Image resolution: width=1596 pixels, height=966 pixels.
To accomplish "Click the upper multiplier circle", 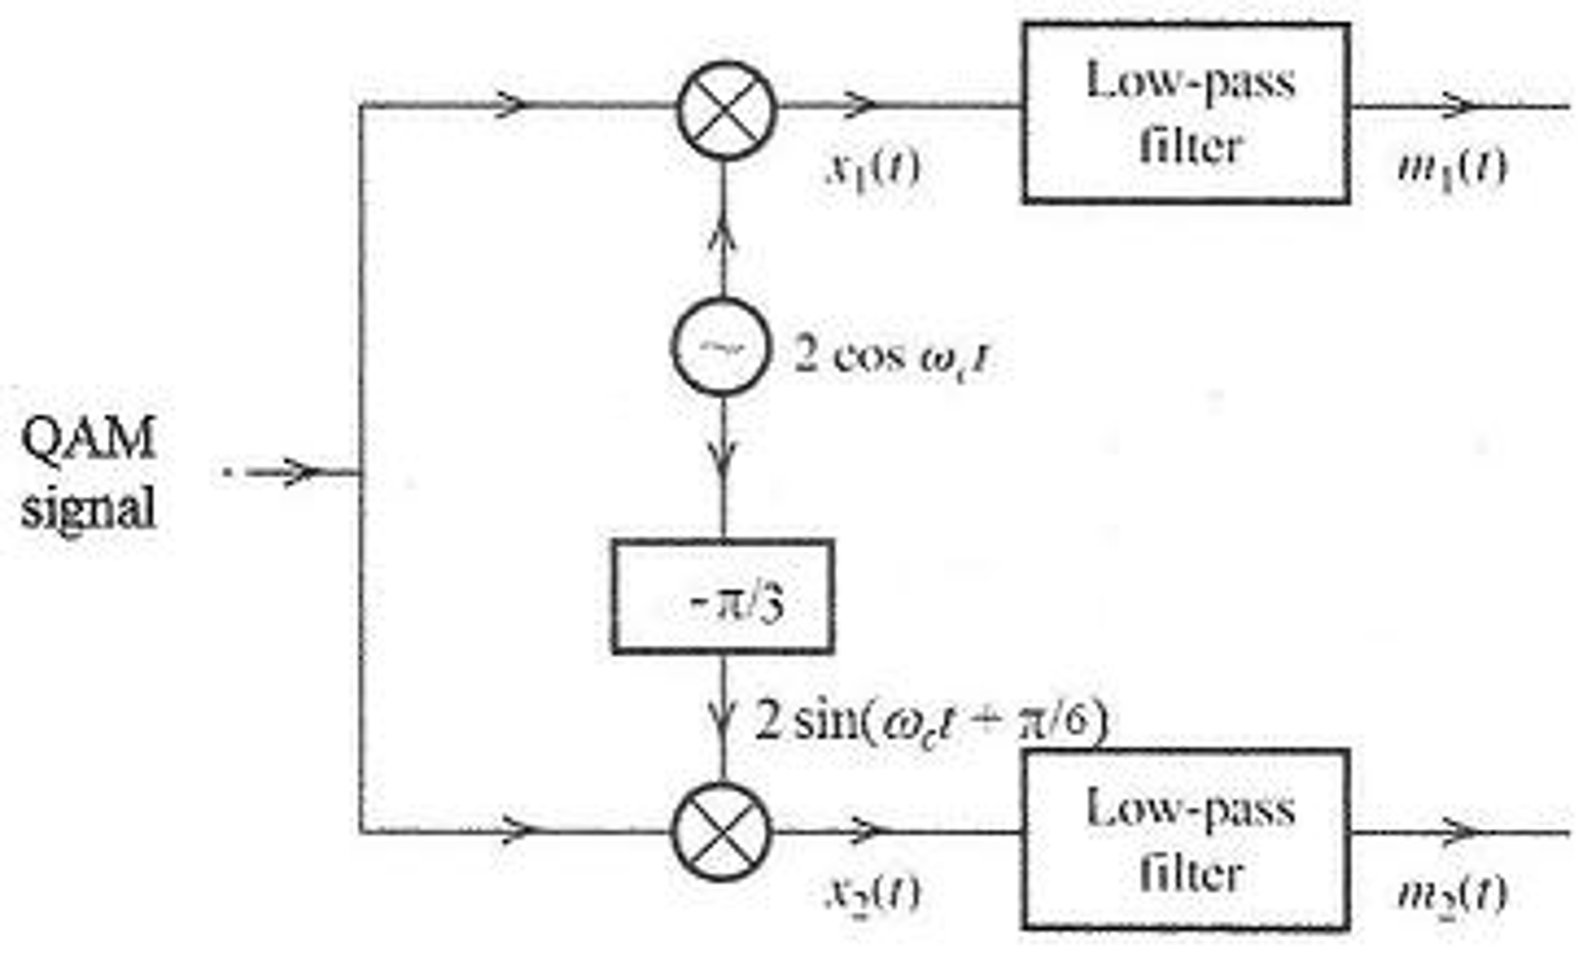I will click(726, 110).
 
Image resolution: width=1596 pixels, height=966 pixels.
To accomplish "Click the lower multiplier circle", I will click(722, 831).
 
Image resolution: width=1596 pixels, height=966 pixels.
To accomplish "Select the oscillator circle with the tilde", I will click(721, 348).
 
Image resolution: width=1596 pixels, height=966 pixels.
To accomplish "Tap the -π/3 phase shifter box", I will click(723, 596).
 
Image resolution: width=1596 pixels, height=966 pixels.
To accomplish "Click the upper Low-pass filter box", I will click(1186, 114).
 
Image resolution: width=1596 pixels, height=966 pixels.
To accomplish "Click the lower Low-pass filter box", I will click(1186, 839).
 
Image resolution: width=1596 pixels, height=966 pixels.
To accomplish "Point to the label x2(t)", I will click(873, 892).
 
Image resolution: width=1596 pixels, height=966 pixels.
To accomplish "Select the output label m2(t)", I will click(1452, 893).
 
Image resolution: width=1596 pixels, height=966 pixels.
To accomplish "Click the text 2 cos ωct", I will click(892, 358).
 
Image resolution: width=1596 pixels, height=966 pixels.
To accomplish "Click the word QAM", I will click(88, 438).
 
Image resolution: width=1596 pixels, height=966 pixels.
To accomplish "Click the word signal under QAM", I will click(88, 508).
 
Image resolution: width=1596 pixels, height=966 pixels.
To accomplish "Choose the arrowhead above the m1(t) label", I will click(1459, 105).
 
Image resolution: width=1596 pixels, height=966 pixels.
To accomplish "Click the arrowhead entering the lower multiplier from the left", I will click(519, 830).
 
